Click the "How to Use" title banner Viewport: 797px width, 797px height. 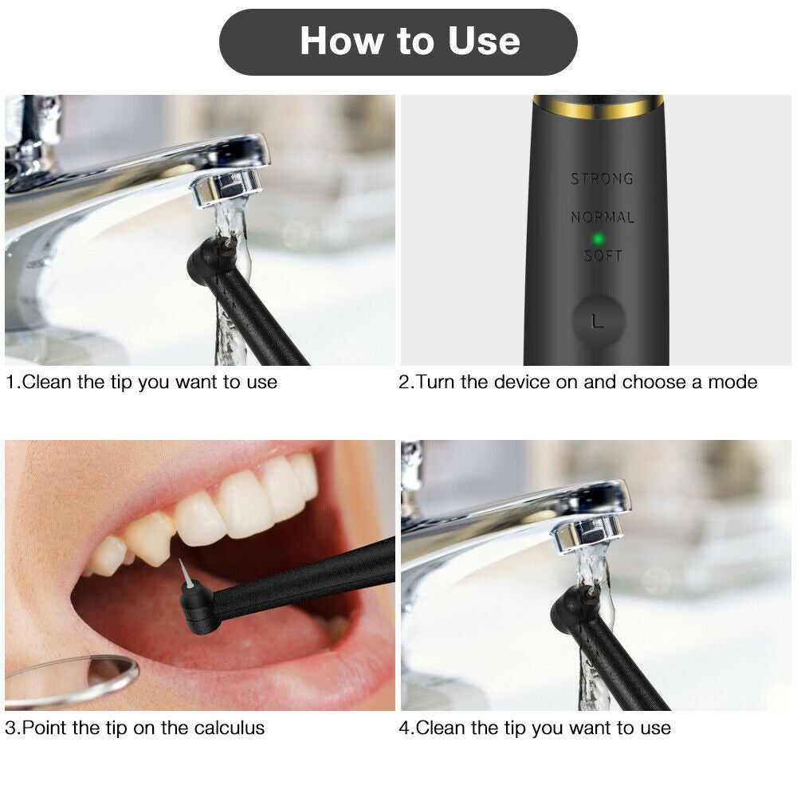coord(398,41)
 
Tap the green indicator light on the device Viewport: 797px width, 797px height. coord(595,238)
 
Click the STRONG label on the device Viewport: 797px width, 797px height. coord(602,179)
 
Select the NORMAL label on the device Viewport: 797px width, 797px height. coord(603,217)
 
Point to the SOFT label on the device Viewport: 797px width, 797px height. coord(603,256)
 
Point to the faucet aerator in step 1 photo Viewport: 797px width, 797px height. coord(228,186)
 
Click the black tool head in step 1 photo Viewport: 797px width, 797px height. coord(209,263)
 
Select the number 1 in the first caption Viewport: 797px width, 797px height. coord(10,382)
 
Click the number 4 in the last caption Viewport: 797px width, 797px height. coord(404,728)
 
